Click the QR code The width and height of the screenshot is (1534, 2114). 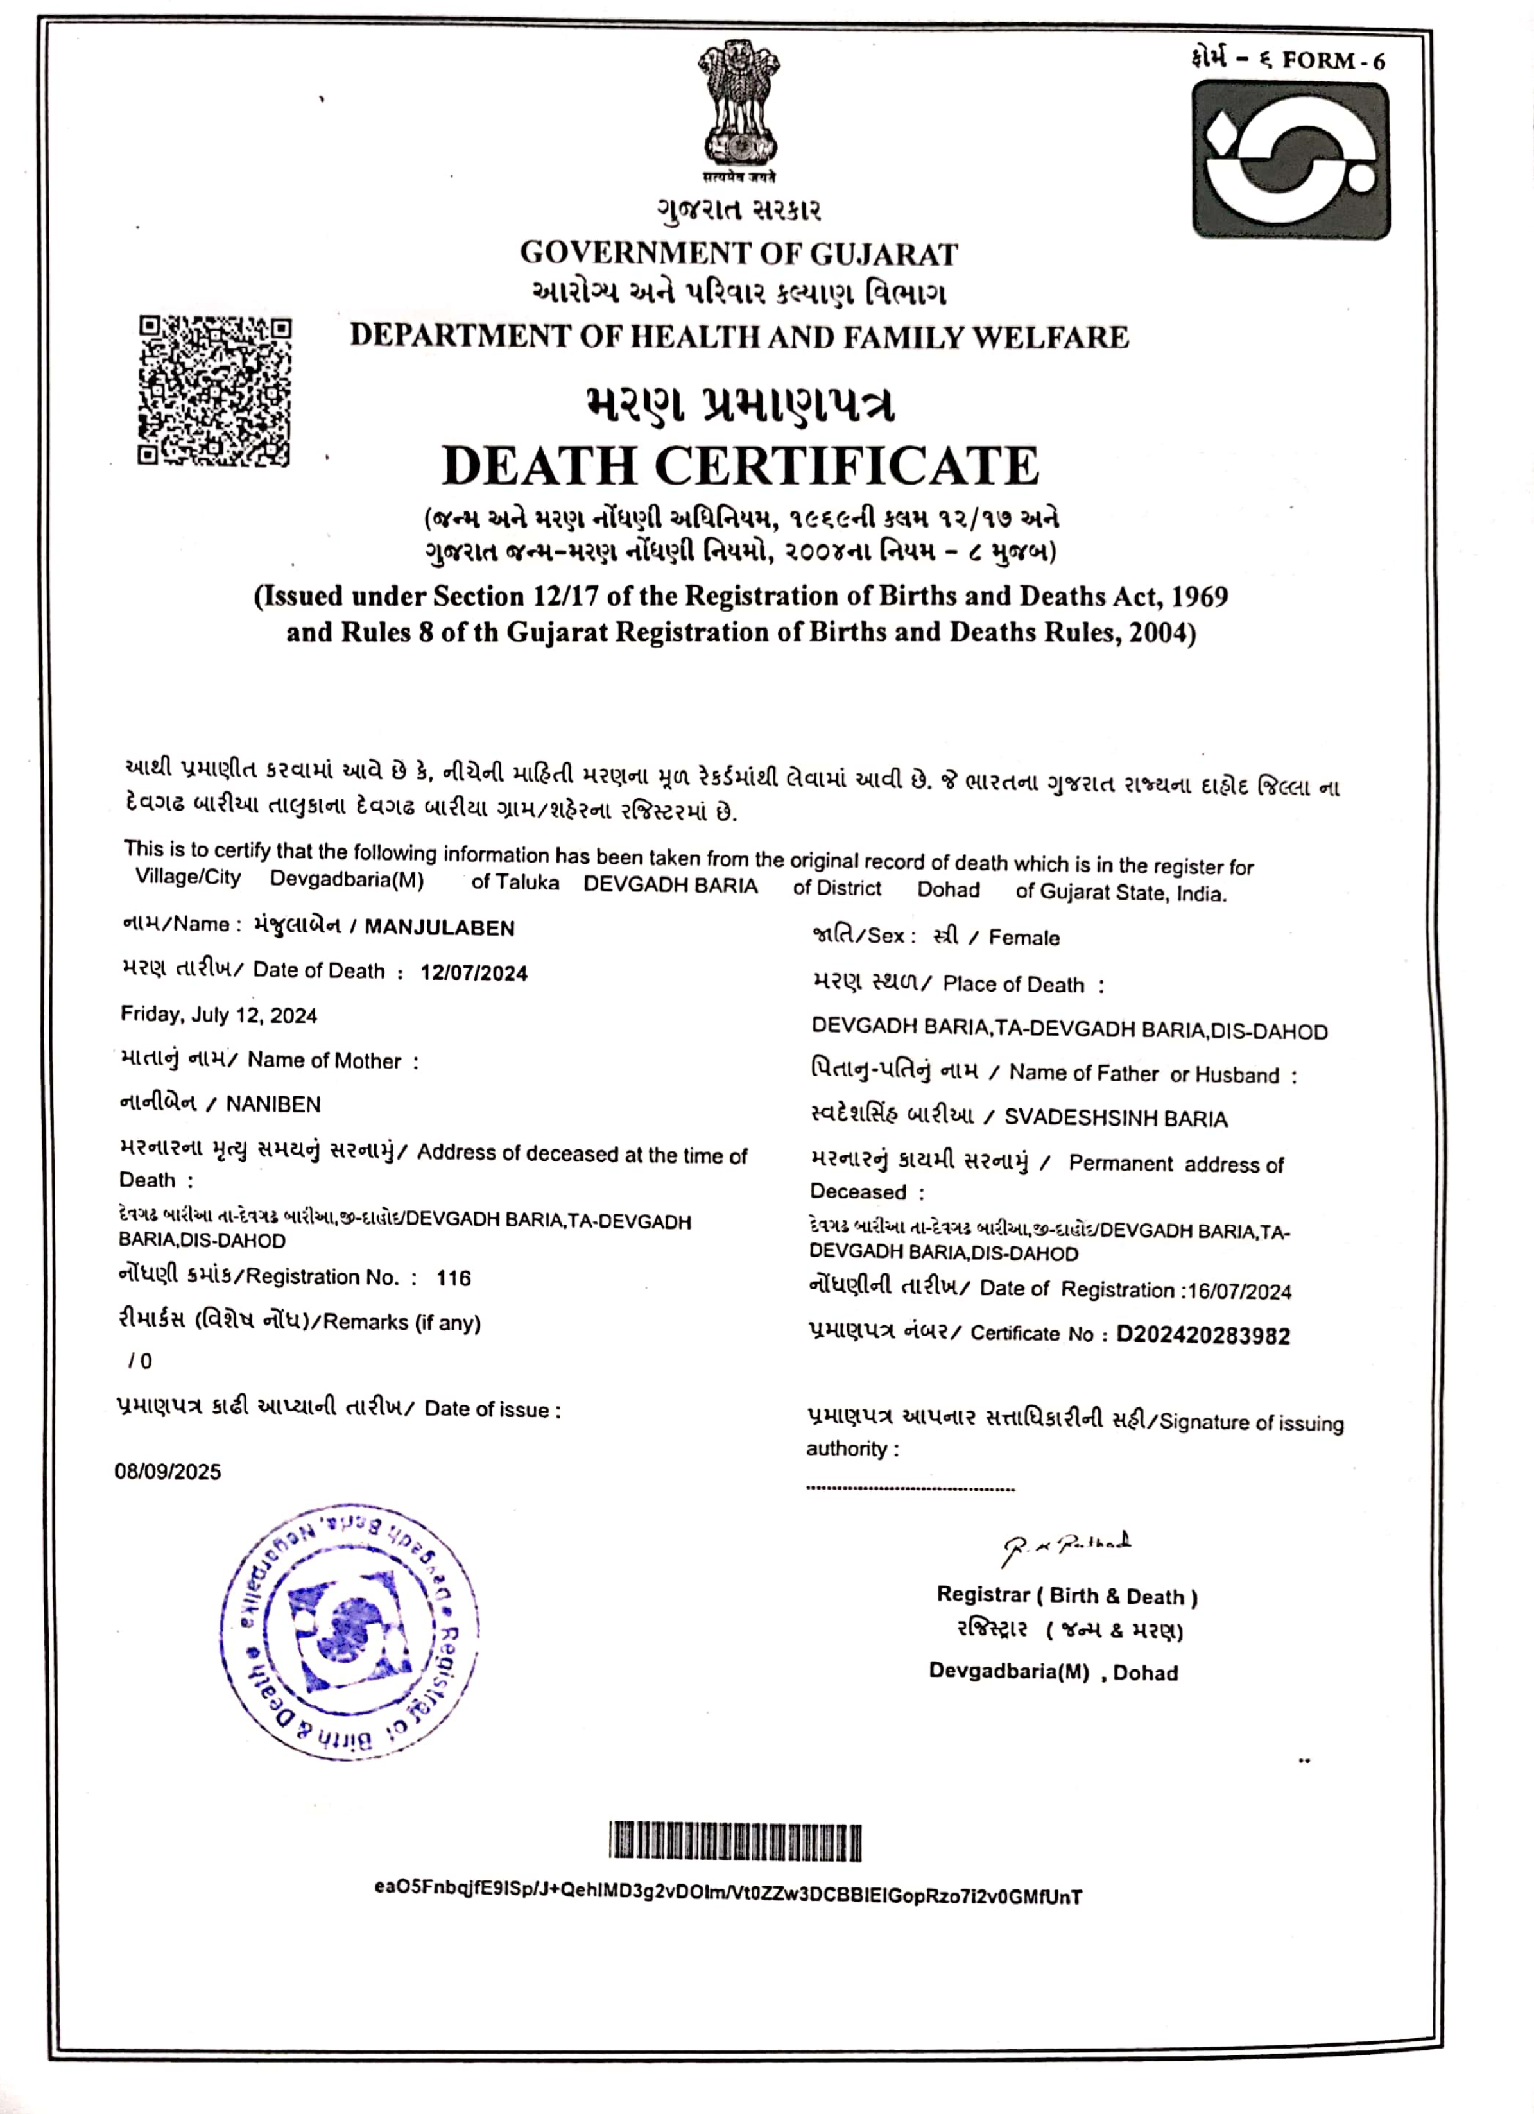[x=214, y=391]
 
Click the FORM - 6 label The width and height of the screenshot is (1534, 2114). [x=1332, y=62]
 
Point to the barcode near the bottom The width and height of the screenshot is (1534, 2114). [x=736, y=1843]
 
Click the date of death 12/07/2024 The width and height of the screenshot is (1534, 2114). [x=474, y=973]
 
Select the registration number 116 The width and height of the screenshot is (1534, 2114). [x=454, y=1278]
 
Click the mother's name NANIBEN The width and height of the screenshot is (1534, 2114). [x=273, y=1104]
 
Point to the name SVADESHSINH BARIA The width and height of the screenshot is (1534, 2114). [x=1116, y=1119]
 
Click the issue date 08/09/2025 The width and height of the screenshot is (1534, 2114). [x=168, y=1472]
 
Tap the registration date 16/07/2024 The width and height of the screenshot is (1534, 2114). [x=1239, y=1292]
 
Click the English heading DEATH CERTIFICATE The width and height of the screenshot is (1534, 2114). [x=740, y=465]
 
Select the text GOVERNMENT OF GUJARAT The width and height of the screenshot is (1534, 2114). [x=739, y=254]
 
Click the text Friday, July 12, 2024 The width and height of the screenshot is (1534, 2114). [x=219, y=1015]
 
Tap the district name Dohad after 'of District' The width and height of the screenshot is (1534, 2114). [x=948, y=889]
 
